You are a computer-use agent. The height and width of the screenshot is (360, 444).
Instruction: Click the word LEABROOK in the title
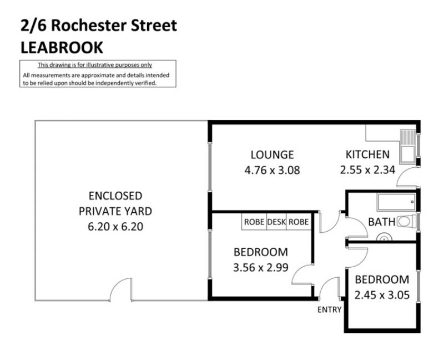pyautogui.click(x=62, y=47)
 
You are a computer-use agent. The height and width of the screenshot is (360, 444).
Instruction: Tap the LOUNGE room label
pyautogui.click(x=272, y=155)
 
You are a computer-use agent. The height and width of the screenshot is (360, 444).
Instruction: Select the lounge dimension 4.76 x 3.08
pyautogui.click(x=272, y=171)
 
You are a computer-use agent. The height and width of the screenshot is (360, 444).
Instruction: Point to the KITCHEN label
pyautogui.click(x=367, y=154)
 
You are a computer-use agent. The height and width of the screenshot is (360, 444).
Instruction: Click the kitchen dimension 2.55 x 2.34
pyautogui.click(x=367, y=170)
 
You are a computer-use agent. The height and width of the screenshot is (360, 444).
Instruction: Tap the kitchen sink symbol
pyautogui.click(x=408, y=147)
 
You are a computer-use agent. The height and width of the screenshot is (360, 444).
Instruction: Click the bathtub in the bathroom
pyautogui.click(x=396, y=202)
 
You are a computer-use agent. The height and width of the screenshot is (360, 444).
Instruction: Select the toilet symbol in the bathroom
pyautogui.click(x=407, y=221)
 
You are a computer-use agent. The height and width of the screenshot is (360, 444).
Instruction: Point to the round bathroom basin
pyautogui.click(x=384, y=238)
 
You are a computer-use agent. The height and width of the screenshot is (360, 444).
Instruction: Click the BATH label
pyautogui.click(x=381, y=222)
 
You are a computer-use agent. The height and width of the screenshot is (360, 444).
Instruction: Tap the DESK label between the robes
pyautogui.click(x=276, y=222)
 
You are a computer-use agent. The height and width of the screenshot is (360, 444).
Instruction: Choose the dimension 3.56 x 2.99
pyautogui.click(x=261, y=267)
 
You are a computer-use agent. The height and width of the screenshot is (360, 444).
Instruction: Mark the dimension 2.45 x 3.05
pyautogui.click(x=382, y=295)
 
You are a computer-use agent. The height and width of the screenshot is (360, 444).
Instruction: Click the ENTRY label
pyautogui.click(x=329, y=310)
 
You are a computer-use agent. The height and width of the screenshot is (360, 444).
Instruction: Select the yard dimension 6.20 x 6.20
pyautogui.click(x=115, y=227)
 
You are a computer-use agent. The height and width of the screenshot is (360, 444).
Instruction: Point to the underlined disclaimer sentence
pyautogui.click(x=95, y=65)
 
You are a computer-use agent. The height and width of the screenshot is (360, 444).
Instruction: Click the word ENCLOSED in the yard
pyautogui.click(x=115, y=196)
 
